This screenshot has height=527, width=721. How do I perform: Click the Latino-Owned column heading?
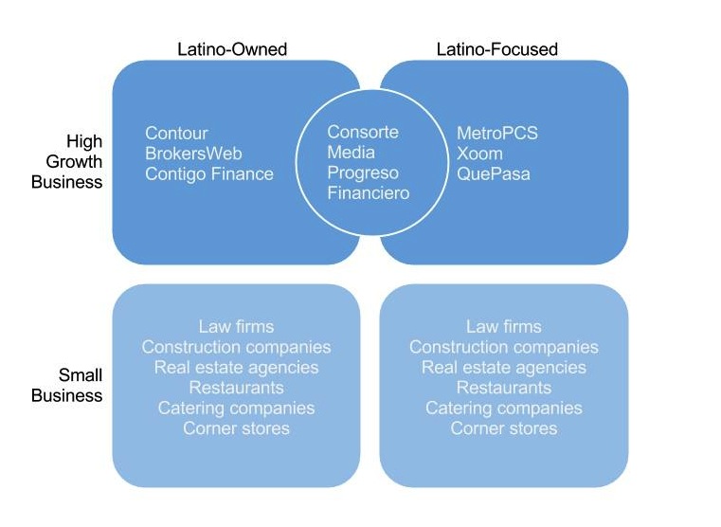(x=232, y=49)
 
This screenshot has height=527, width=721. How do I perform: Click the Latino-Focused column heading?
(x=496, y=49)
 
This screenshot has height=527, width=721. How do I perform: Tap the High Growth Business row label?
(x=66, y=162)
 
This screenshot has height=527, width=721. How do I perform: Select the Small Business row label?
(x=66, y=386)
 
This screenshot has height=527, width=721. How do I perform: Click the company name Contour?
(x=176, y=134)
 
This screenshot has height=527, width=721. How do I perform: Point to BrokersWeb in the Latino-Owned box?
(x=194, y=154)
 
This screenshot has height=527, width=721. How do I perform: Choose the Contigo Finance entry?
(x=209, y=174)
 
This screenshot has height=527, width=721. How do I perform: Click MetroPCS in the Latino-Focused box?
(x=497, y=134)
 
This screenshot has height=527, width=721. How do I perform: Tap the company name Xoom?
(x=479, y=154)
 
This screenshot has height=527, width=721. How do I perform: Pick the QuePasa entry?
(x=494, y=174)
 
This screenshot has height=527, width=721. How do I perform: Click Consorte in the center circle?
(x=363, y=132)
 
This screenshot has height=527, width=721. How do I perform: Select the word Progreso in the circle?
(x=363, y=173)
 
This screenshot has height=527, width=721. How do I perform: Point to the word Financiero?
(x=369, y=193)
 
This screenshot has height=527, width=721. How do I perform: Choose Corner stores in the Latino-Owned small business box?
(x=236, y=428)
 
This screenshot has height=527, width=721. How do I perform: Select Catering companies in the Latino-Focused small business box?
(x=503, y=409)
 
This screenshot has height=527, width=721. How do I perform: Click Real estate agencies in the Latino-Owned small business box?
(x=236, y=368)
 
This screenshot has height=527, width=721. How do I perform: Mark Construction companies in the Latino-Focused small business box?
(x=503, y=348)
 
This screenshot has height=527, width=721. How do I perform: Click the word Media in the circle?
(x=351, y=153)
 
